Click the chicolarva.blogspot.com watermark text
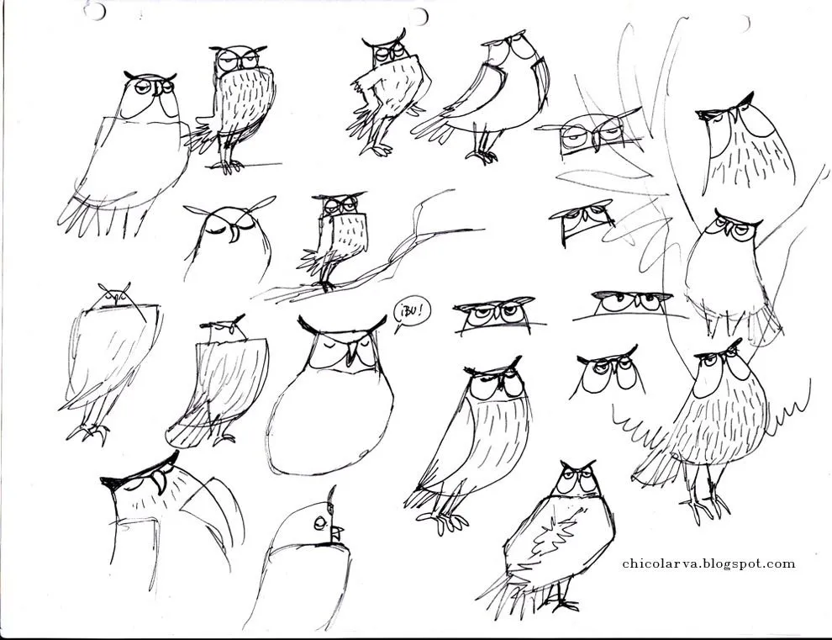(709, 563)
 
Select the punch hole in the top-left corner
(95, 9)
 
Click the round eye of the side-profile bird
(319, 522)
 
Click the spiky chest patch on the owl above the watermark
(554, 534)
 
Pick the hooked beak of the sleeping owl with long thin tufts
(234, 235)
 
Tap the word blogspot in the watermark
(731, 564)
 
